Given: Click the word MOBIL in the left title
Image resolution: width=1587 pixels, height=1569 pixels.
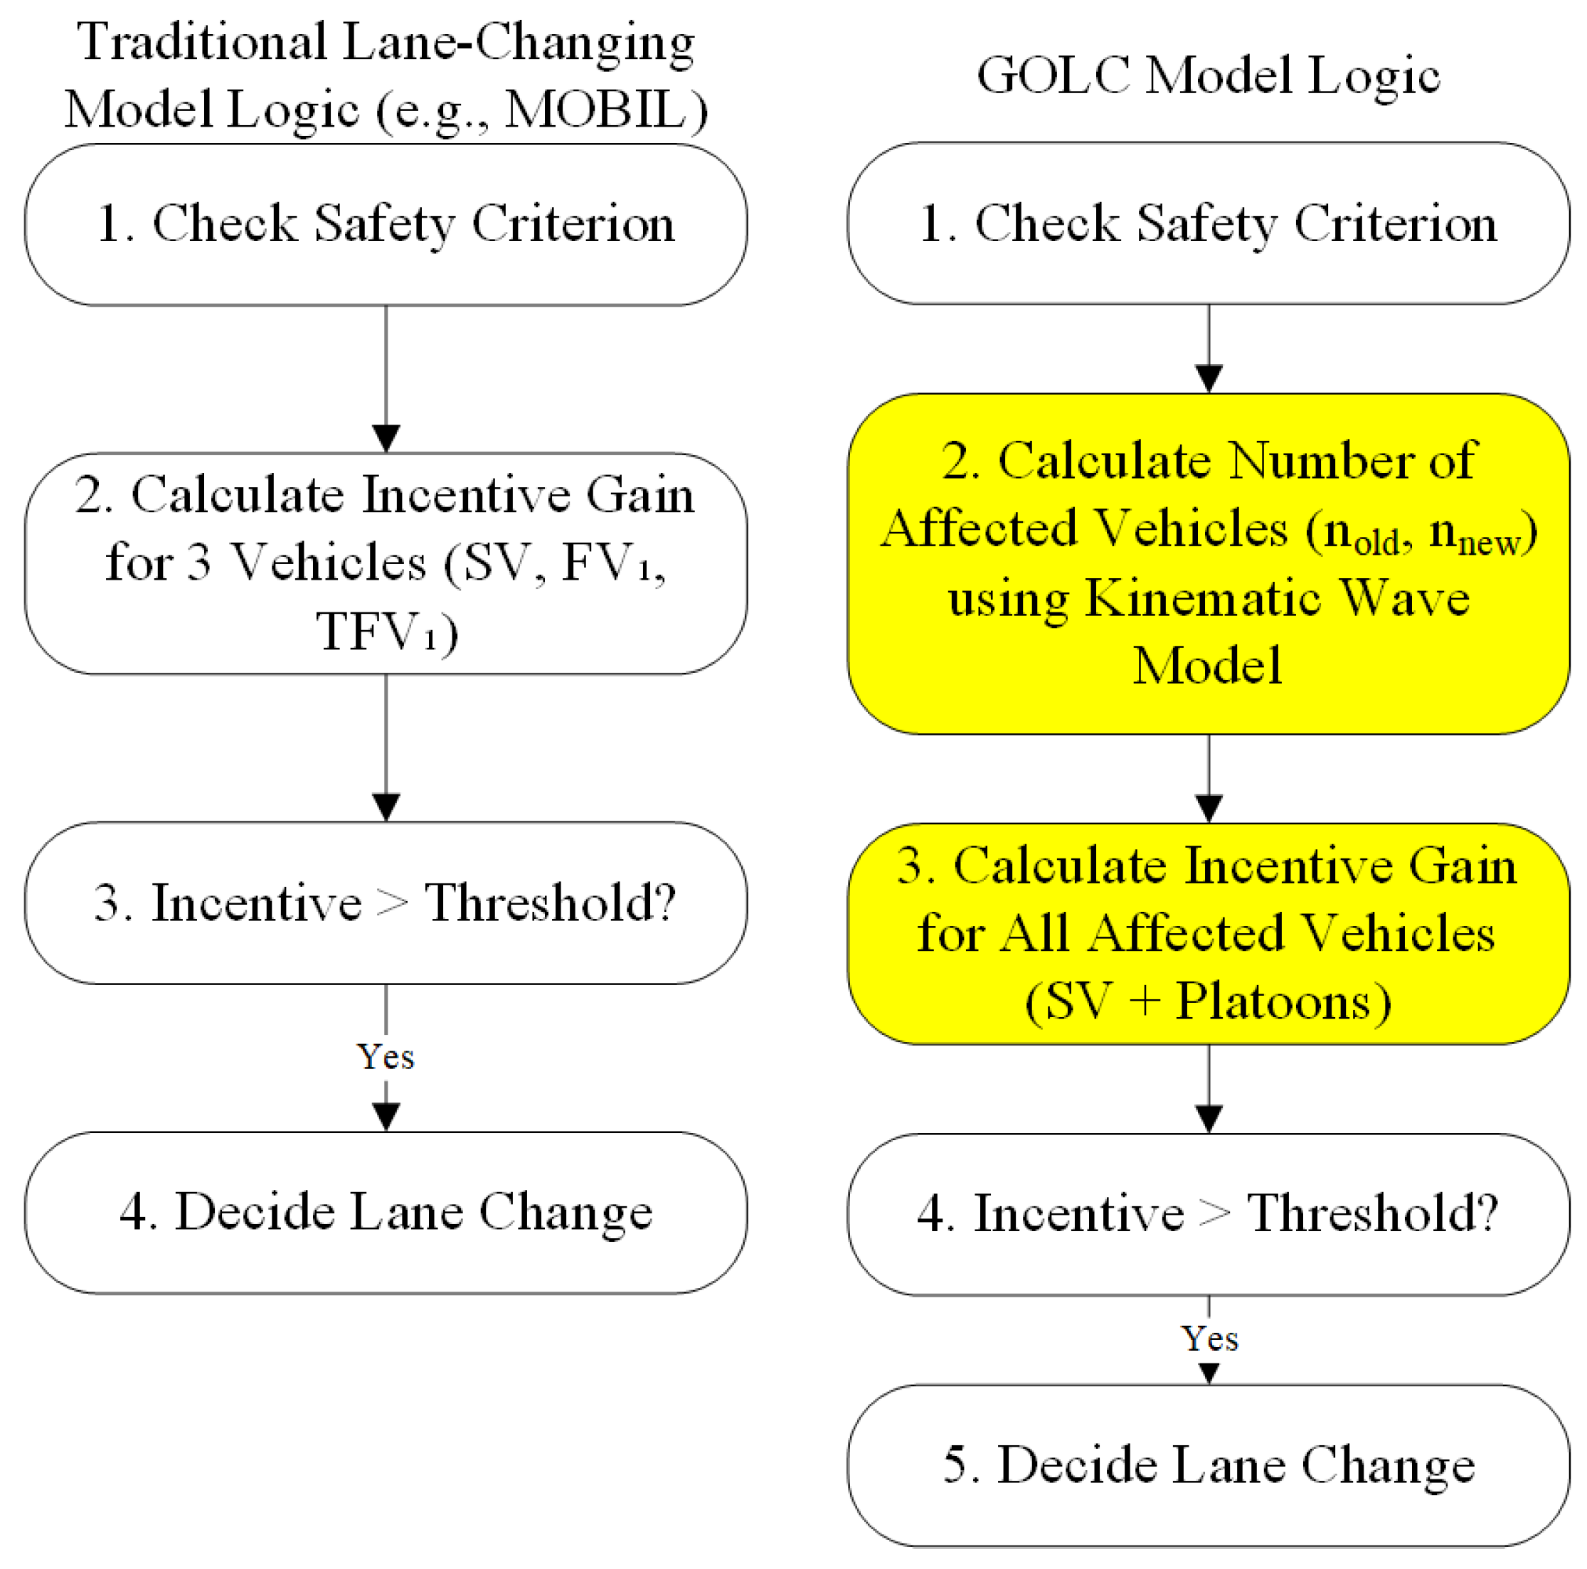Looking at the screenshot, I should point(594,110).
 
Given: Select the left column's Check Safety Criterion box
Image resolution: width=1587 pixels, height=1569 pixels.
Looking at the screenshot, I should point(386,224).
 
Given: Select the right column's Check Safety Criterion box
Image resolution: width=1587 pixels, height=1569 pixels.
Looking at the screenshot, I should point(1208,223).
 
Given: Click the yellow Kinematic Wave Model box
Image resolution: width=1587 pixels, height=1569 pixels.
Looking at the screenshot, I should point(1208,563).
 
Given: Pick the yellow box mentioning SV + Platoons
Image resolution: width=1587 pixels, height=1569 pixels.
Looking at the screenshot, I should point(1208,934).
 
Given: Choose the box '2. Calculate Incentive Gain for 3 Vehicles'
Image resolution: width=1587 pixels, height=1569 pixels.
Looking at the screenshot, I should point(386,563).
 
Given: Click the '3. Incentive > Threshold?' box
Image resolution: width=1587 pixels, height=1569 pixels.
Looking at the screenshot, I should point(386,903).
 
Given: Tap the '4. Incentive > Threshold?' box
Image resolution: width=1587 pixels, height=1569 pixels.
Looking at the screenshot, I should point(1208,1213).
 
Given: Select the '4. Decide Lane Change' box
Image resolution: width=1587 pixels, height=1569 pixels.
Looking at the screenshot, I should point(386,1212).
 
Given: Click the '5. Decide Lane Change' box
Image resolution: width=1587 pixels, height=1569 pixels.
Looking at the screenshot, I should point(1208,1464).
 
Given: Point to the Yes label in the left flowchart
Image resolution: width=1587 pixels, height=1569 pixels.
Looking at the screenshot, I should point(386,1056).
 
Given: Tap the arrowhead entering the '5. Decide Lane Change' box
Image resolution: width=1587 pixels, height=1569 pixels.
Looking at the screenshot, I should point(1209,1373).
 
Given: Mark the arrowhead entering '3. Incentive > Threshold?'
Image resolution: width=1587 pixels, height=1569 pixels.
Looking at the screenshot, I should point(386,807).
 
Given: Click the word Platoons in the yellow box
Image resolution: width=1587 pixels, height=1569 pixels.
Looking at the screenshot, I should point(1273,1001).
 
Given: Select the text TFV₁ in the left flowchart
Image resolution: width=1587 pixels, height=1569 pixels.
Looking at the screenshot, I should point(378,632).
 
